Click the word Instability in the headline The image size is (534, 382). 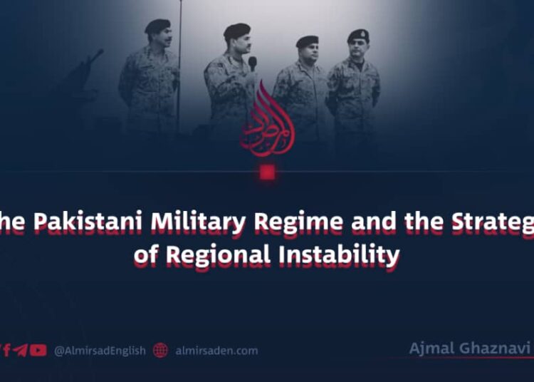(340, 255)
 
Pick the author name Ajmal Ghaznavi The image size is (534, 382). (469, 349)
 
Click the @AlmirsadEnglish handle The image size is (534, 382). (99, 351)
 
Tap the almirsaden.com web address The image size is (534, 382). (216, 351)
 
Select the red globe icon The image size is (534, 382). (160, 351)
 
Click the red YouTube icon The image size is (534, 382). (38, 351)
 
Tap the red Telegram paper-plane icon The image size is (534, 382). (21, 351)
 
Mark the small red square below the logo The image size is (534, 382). (267, 172)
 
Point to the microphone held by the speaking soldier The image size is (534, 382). (252, 63)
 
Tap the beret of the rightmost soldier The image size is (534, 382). (357, 35)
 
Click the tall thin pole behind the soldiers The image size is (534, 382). (179, 64)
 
